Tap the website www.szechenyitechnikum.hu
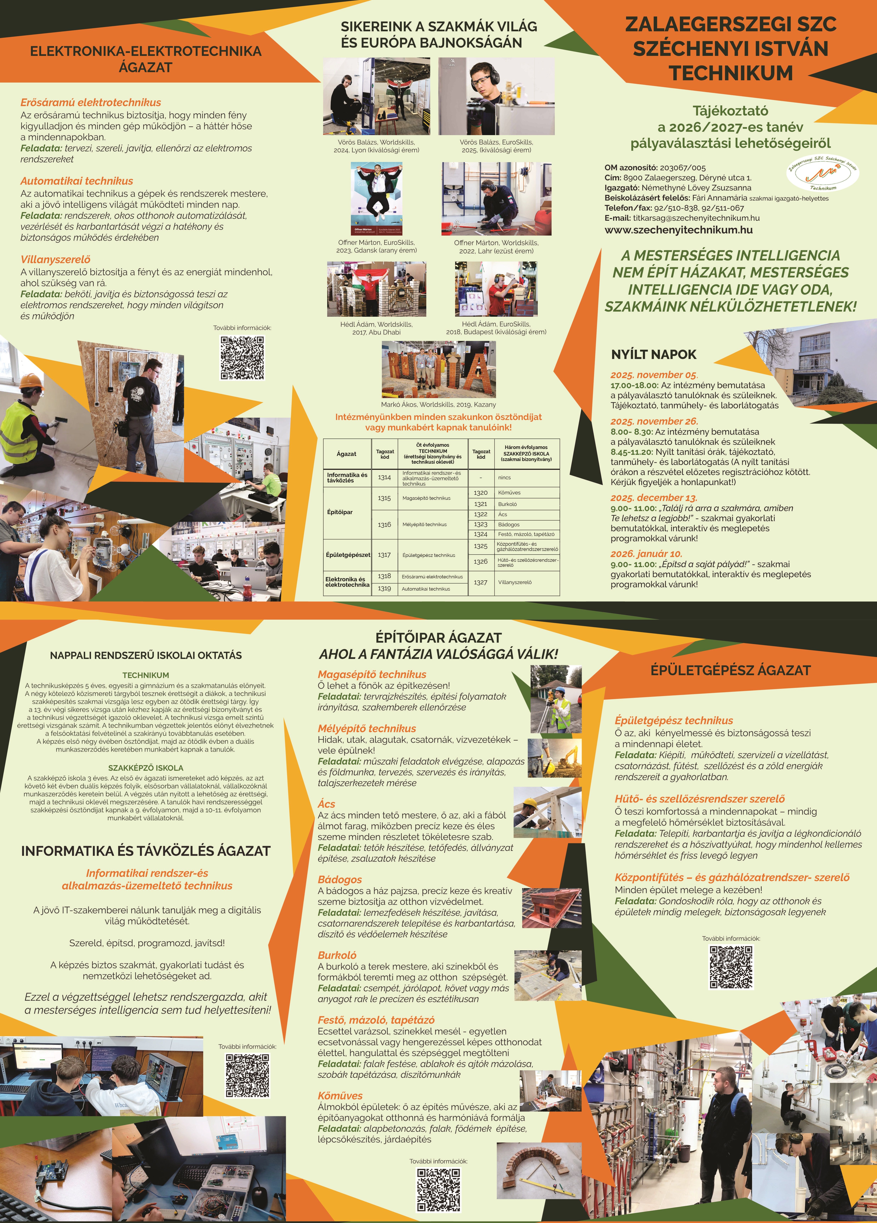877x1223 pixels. point(678,230)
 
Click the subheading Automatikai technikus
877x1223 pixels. point(77,181)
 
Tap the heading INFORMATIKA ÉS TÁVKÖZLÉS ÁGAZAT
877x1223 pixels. point(146,851)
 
